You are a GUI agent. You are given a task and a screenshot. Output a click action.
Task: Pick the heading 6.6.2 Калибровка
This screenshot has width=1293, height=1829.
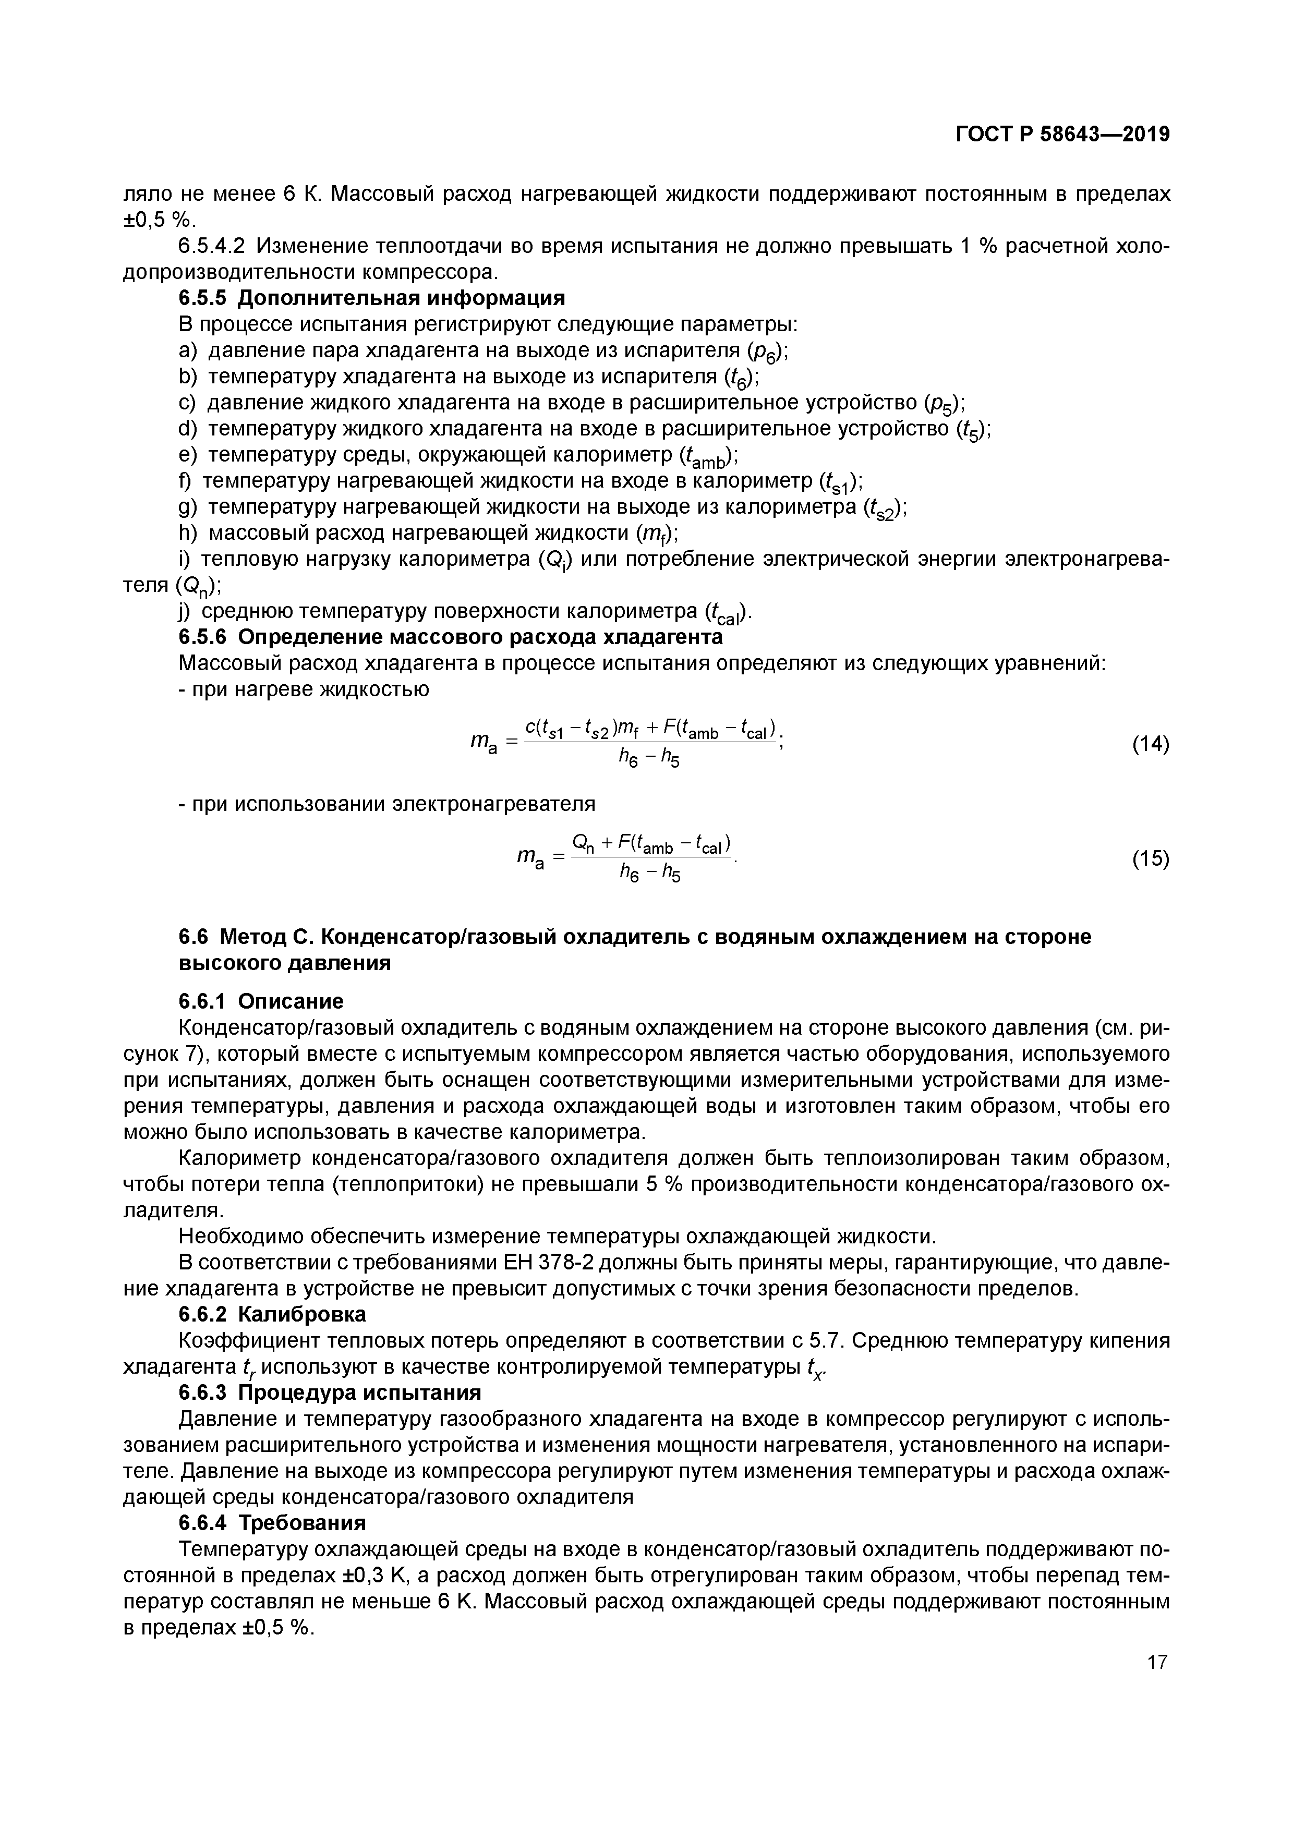point(272,1314)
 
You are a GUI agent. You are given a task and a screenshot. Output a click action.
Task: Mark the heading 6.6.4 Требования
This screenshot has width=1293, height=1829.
point(272,1522)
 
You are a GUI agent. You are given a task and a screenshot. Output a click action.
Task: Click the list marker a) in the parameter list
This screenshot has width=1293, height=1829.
point(187,350)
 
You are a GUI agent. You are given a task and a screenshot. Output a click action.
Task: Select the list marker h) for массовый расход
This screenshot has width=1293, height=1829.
point(187,532)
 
